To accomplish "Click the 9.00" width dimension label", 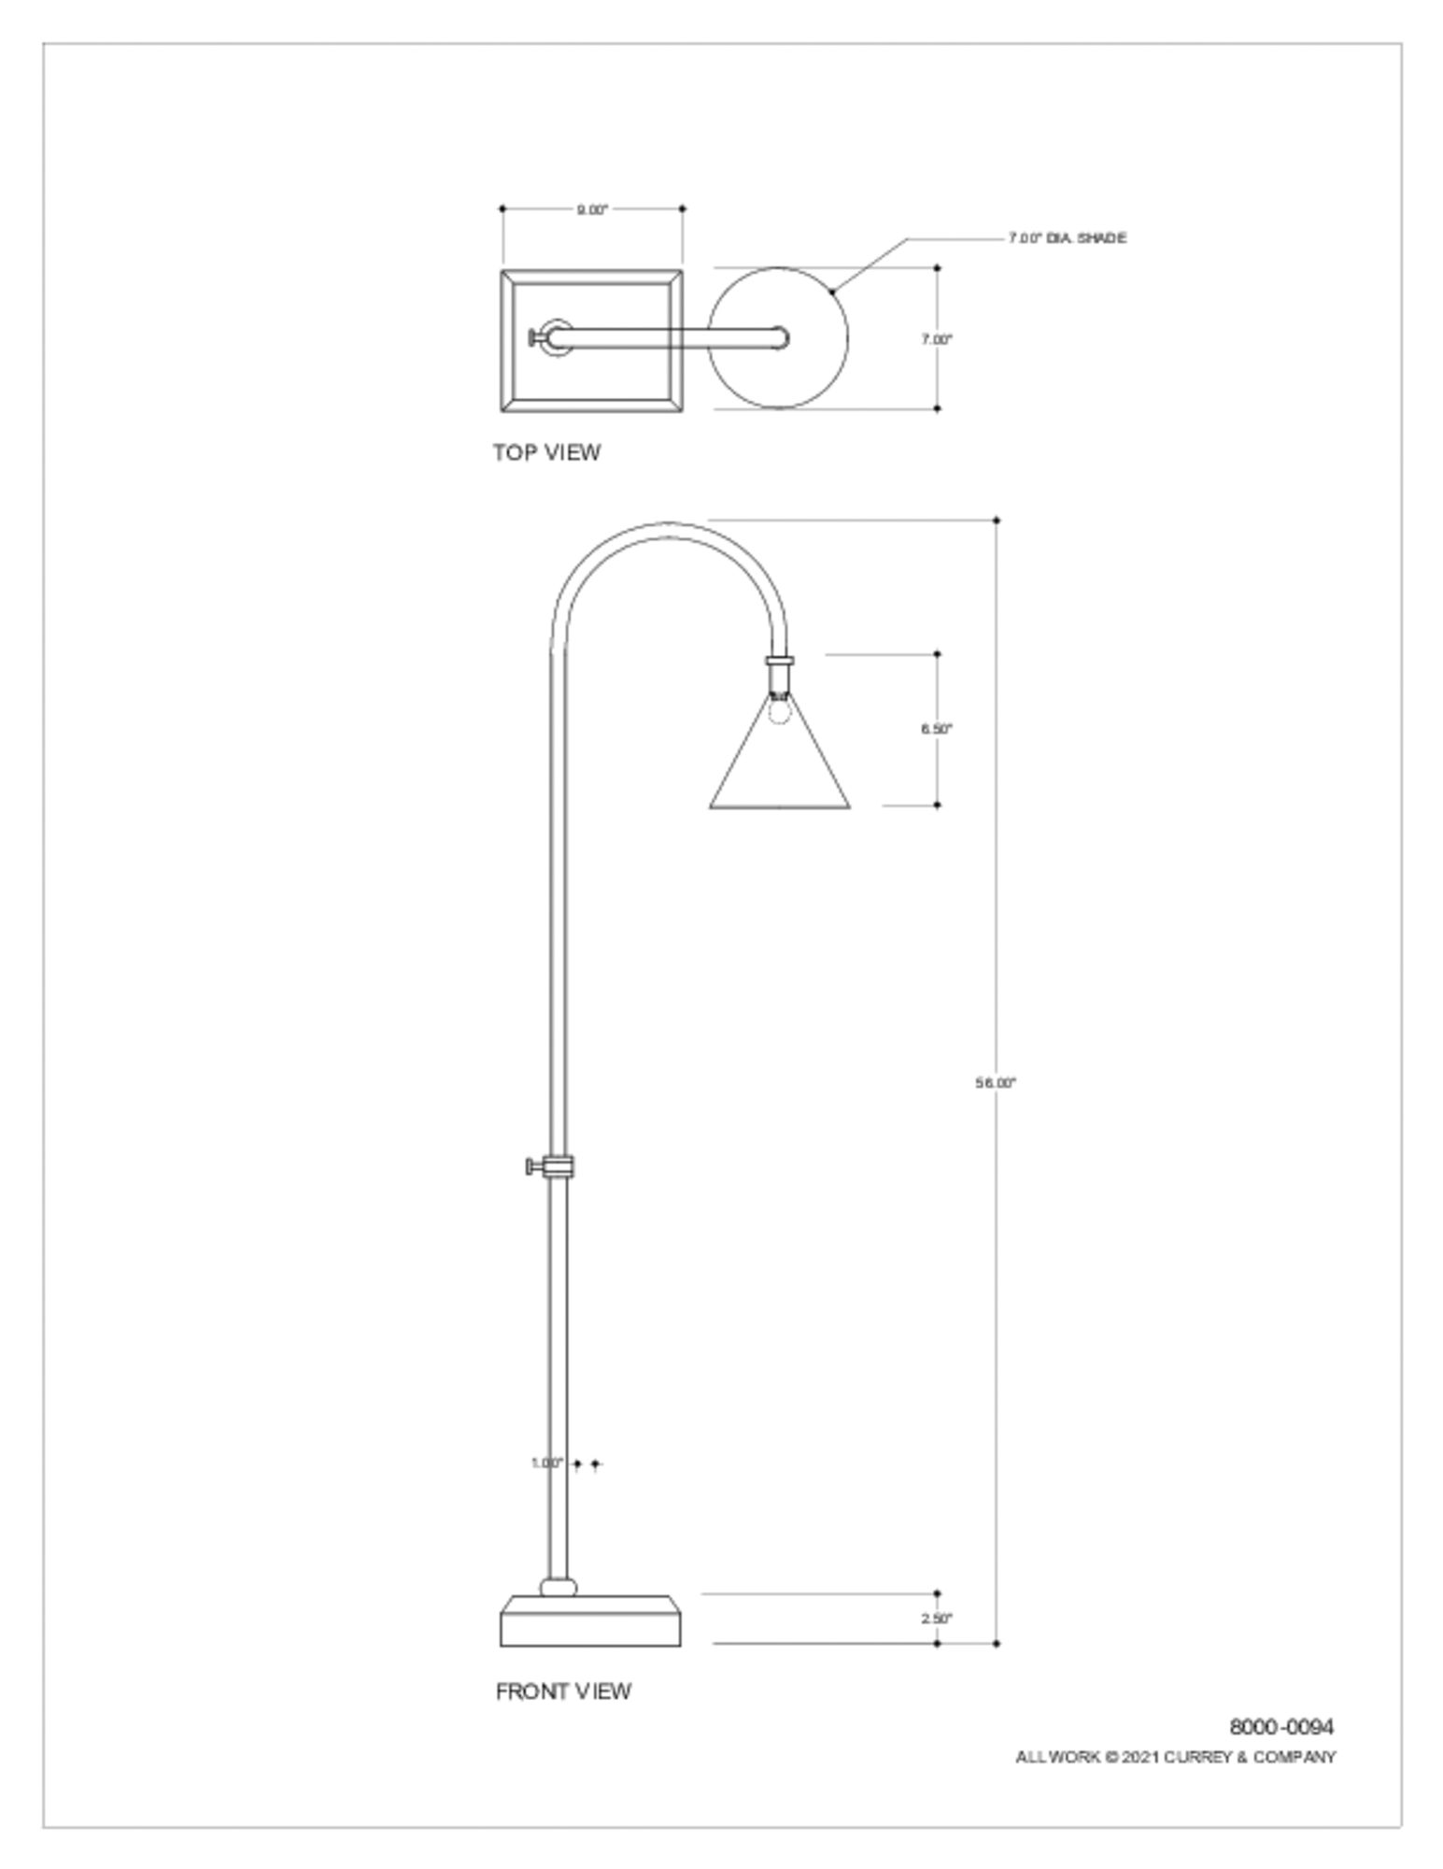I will pyautogui.click(x=591, y=209).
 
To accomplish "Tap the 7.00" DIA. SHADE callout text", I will pyautogui.click(x=1067, y=238).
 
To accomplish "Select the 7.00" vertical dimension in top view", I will pyautogui.click(x=936, y=339).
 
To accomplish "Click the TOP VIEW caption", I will pyautogui.click(x=546, y=452).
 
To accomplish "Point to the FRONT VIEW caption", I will pyautogui.click(x=563, y=1691).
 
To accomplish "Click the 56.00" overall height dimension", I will pyautogui.click(x=995, y=1083).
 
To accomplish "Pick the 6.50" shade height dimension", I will pyautogui.click(x=936, y=729).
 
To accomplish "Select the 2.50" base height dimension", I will pyautogui.click(x=936, y=1619).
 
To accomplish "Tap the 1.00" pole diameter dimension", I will pyautogui.click(x=547, y=1463).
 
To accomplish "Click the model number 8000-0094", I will pyautogui.click(x=1281, y=1726).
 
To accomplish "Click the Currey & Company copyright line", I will pyautogui.click(x=1175, y=1757).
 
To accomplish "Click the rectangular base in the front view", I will pyautogui.click(x=590, y=1626).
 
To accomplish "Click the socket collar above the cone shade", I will pyautogui.click(x=780, y=662).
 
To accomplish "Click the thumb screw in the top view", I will pyautogui.click(x=535, y=337).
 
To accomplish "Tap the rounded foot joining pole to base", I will pyautogui.click(x=559, y=1586).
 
